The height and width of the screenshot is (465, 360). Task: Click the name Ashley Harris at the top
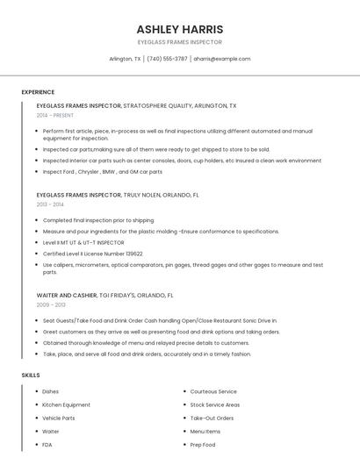coord(180,29)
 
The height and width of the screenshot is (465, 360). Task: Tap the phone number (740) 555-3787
coord(167,59)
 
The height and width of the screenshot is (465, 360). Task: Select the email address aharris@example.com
coord(222,59)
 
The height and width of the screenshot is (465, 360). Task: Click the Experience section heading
coord(38,92)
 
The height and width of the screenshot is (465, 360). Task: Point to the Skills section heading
coord(31,375)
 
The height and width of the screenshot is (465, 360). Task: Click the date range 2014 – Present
coord(55,115)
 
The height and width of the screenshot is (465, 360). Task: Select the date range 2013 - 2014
coord(50,204)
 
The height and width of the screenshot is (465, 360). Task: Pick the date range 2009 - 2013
coord(51,305)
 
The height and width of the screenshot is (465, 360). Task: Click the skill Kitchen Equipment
coord(66,404)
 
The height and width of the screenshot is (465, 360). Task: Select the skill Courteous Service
coord(213,391)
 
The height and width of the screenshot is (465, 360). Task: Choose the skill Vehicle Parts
coord(58,418)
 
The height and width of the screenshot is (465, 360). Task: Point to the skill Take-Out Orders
coord(212,418)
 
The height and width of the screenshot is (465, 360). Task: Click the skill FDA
coord(47,445)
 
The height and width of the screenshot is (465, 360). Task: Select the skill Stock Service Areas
coord(215,404)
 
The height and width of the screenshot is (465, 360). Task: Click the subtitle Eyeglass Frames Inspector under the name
coord(180,42)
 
